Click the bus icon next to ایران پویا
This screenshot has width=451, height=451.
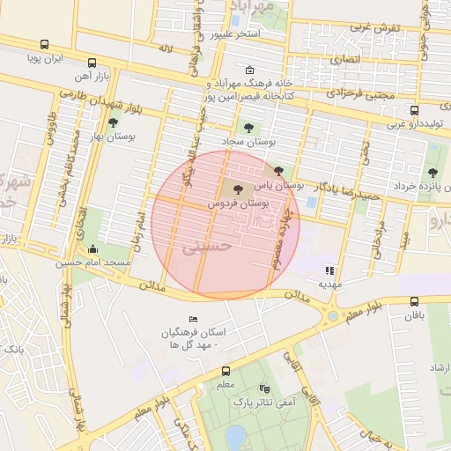(x=44, y=44)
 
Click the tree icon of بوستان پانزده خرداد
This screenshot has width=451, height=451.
(x=432, y=173)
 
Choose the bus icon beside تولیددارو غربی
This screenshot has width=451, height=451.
(x=415, y=110)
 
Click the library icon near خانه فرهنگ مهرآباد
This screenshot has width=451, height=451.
(x=249, y=70)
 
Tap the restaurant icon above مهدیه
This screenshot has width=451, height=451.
(x=329, y=270)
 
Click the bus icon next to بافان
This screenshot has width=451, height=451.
(x=415, y=300)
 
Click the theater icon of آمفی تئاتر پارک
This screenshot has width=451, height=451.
(x=264, y=388)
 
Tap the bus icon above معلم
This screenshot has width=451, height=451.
(x=225, y=371)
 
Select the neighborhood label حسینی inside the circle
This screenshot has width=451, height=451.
(x=208, y=248)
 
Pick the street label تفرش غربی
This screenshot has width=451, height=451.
(x=376, y=27)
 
